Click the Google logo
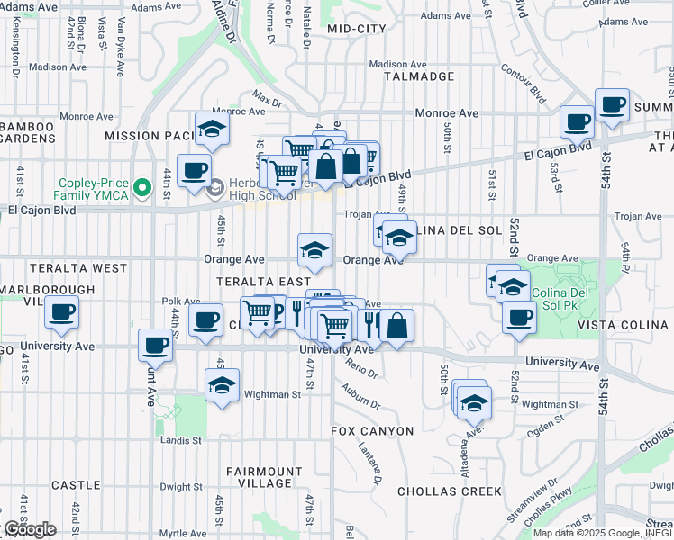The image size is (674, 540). [x=30, y=529]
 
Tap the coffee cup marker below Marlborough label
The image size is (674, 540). [x=61, y=313]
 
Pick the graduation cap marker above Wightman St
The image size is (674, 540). [x=222, y=385]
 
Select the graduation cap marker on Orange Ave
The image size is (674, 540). [x=315, y=249]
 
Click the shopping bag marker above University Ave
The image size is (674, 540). [x=396, y=324]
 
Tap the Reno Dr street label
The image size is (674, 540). [x=360, y=367]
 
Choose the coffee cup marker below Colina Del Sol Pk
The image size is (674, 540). [x=520, y=318]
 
